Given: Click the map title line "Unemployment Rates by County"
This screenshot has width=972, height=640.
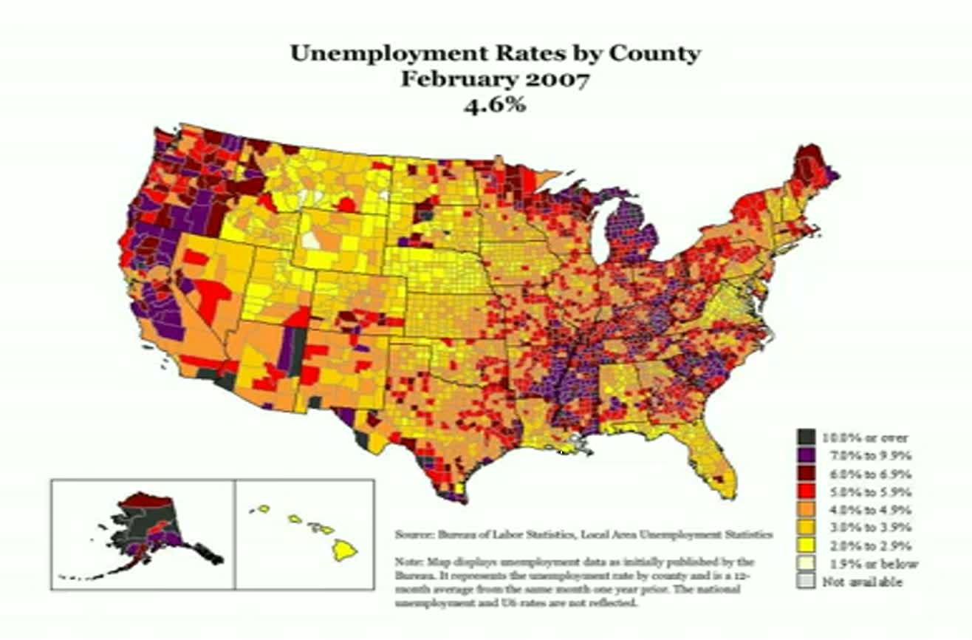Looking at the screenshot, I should click(x=494, y=54).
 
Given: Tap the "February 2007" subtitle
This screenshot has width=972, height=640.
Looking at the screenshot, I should click(x=494, y=79).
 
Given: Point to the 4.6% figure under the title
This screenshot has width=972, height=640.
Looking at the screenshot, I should click(x=494, y=104).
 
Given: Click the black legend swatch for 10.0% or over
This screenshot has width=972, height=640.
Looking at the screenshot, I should click(x=804, y=438).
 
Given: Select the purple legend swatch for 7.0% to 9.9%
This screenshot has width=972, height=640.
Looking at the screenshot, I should click(x=804, y=455).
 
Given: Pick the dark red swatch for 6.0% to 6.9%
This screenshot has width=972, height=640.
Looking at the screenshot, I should click(x=804, y=474).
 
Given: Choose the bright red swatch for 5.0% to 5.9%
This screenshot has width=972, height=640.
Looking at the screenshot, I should click(x=804, y=491).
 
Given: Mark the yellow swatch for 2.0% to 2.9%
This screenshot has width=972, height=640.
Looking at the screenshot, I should click(x=804, y=546).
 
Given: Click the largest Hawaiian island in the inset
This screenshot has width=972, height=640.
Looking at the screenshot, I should click(x=345, y=549).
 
